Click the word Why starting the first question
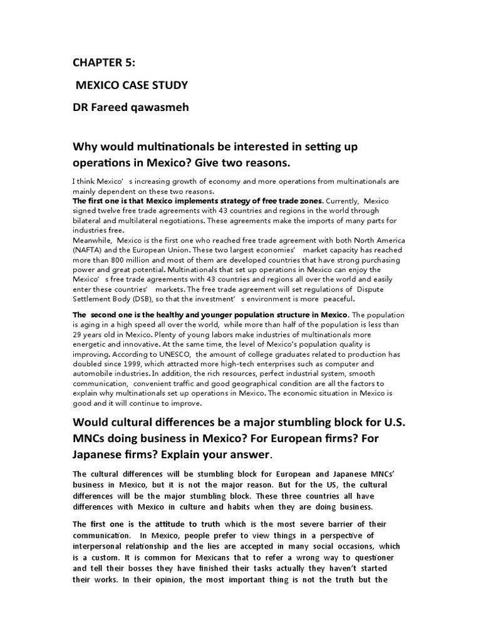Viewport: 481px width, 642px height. pos(87,145)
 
